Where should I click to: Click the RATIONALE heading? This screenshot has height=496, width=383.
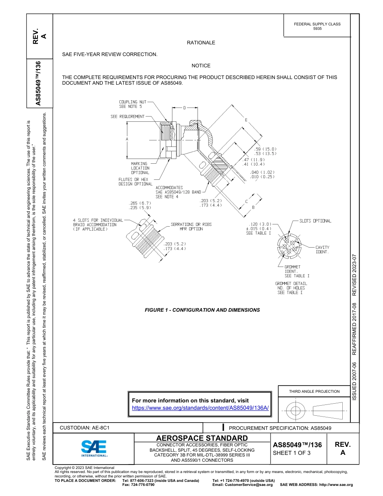[201, 43]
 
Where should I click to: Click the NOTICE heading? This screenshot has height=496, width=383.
[201, 65]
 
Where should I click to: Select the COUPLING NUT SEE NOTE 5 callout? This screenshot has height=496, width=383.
[132, 104]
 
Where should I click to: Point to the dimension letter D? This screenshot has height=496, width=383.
[184, 108]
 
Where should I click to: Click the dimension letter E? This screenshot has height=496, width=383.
[246, 120]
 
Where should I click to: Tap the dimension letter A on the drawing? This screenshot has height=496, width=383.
[127, 139]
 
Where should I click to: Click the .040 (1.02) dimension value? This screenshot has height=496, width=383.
[262, 172]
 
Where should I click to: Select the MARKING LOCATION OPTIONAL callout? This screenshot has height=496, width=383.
[140, 168]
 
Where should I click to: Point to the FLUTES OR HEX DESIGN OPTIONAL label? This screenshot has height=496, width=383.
[135, 182]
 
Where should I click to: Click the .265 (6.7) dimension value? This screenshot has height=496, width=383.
[139, 203]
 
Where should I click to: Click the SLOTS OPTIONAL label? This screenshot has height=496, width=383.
[315, 221]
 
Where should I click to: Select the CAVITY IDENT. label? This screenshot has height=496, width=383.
[322, 250]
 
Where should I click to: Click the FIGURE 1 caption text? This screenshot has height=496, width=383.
[202, 310]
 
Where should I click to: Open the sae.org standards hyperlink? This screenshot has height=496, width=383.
[200, 408]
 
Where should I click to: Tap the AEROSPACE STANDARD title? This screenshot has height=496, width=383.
[202, 438]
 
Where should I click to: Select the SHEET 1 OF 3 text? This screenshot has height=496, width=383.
[291, 453]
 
